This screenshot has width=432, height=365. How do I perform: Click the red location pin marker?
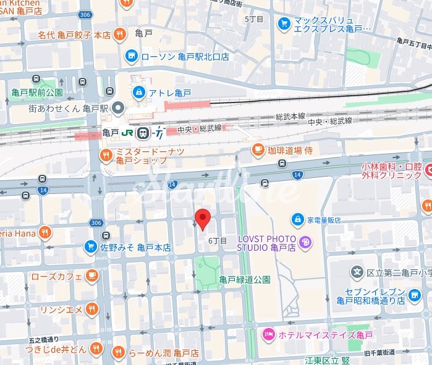click(x=203, y=219)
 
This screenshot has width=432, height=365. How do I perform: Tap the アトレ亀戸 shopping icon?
click(x=140, y=93)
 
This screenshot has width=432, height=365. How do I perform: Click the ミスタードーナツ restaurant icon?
click(x=107, y=154)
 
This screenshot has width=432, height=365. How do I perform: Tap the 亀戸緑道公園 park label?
click(x=245, y=279)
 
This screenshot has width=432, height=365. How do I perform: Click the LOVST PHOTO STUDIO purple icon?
click(x=304, y=243)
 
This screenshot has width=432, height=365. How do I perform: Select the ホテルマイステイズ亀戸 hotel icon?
click(x=269, y=334)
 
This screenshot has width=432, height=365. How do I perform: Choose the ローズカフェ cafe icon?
click(x=91, y=275)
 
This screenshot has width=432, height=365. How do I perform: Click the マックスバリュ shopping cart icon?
click(x=284, y=23)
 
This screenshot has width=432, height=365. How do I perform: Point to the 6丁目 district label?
click(x=218, y=240)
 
